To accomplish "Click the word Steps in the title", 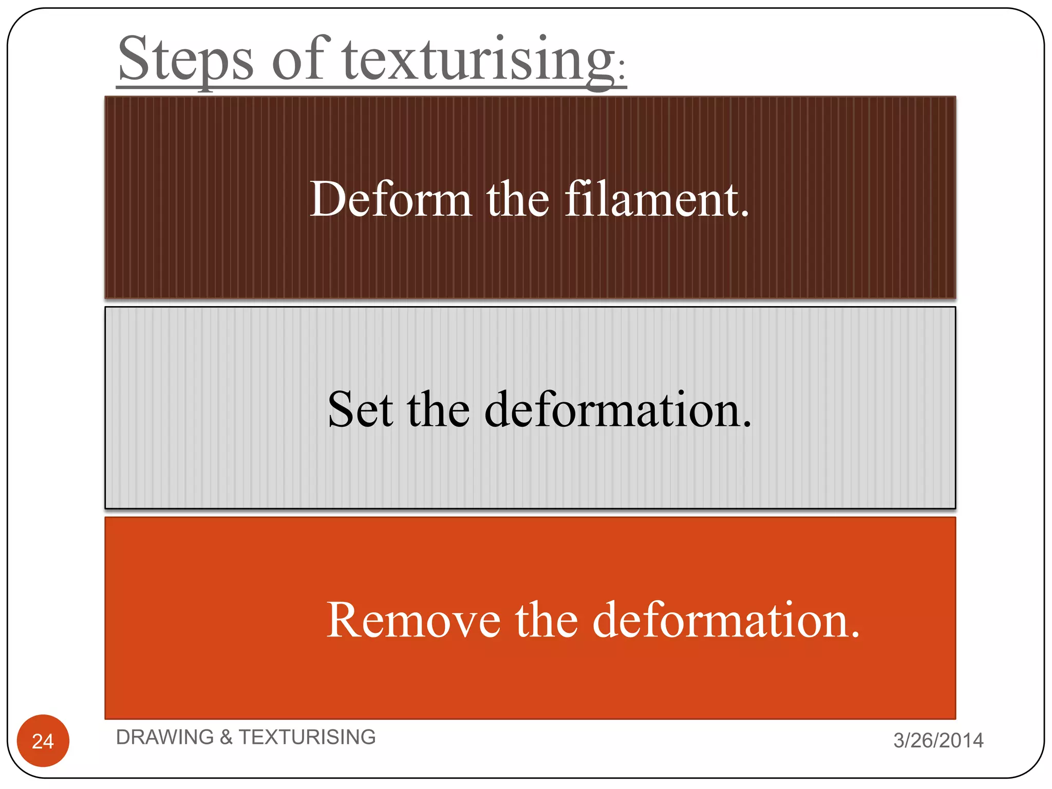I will tap(185, 59).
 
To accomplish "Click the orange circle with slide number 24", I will tap(43, 741).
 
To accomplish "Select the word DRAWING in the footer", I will tap(164, 737).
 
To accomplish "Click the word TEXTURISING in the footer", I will tap(307, 737).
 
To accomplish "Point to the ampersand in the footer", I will tap(226, 738).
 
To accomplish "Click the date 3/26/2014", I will tap(938, 740).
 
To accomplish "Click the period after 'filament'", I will tap(745, 214).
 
